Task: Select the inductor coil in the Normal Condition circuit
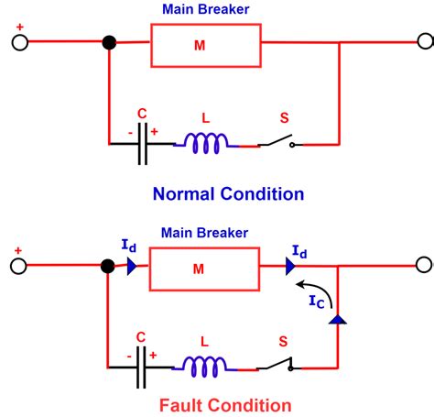[206, 143]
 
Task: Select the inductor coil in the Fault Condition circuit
[206, 367]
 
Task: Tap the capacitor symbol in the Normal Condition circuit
[142, 144]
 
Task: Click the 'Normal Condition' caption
[228, 193]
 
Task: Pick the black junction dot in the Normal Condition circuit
[109, 42]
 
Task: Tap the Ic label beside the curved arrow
[315, 297]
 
